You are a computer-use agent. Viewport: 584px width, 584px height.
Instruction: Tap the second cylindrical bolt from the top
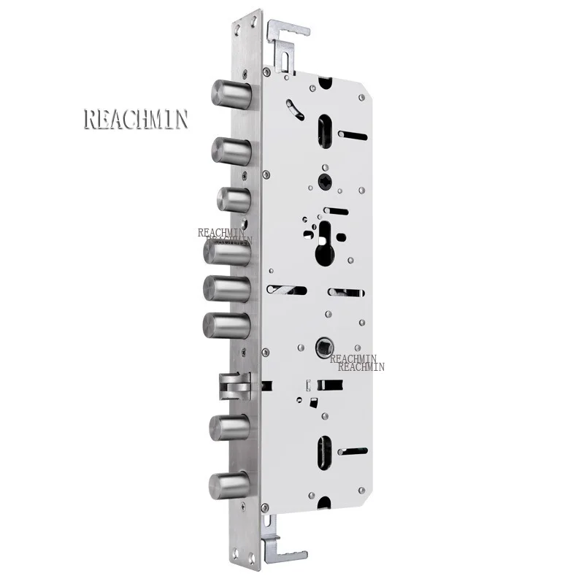231,150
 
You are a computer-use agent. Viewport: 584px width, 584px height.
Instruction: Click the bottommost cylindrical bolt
228,485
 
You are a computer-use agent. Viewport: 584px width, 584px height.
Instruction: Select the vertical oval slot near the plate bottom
325,452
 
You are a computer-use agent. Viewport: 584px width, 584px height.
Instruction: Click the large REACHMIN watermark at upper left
136,119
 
